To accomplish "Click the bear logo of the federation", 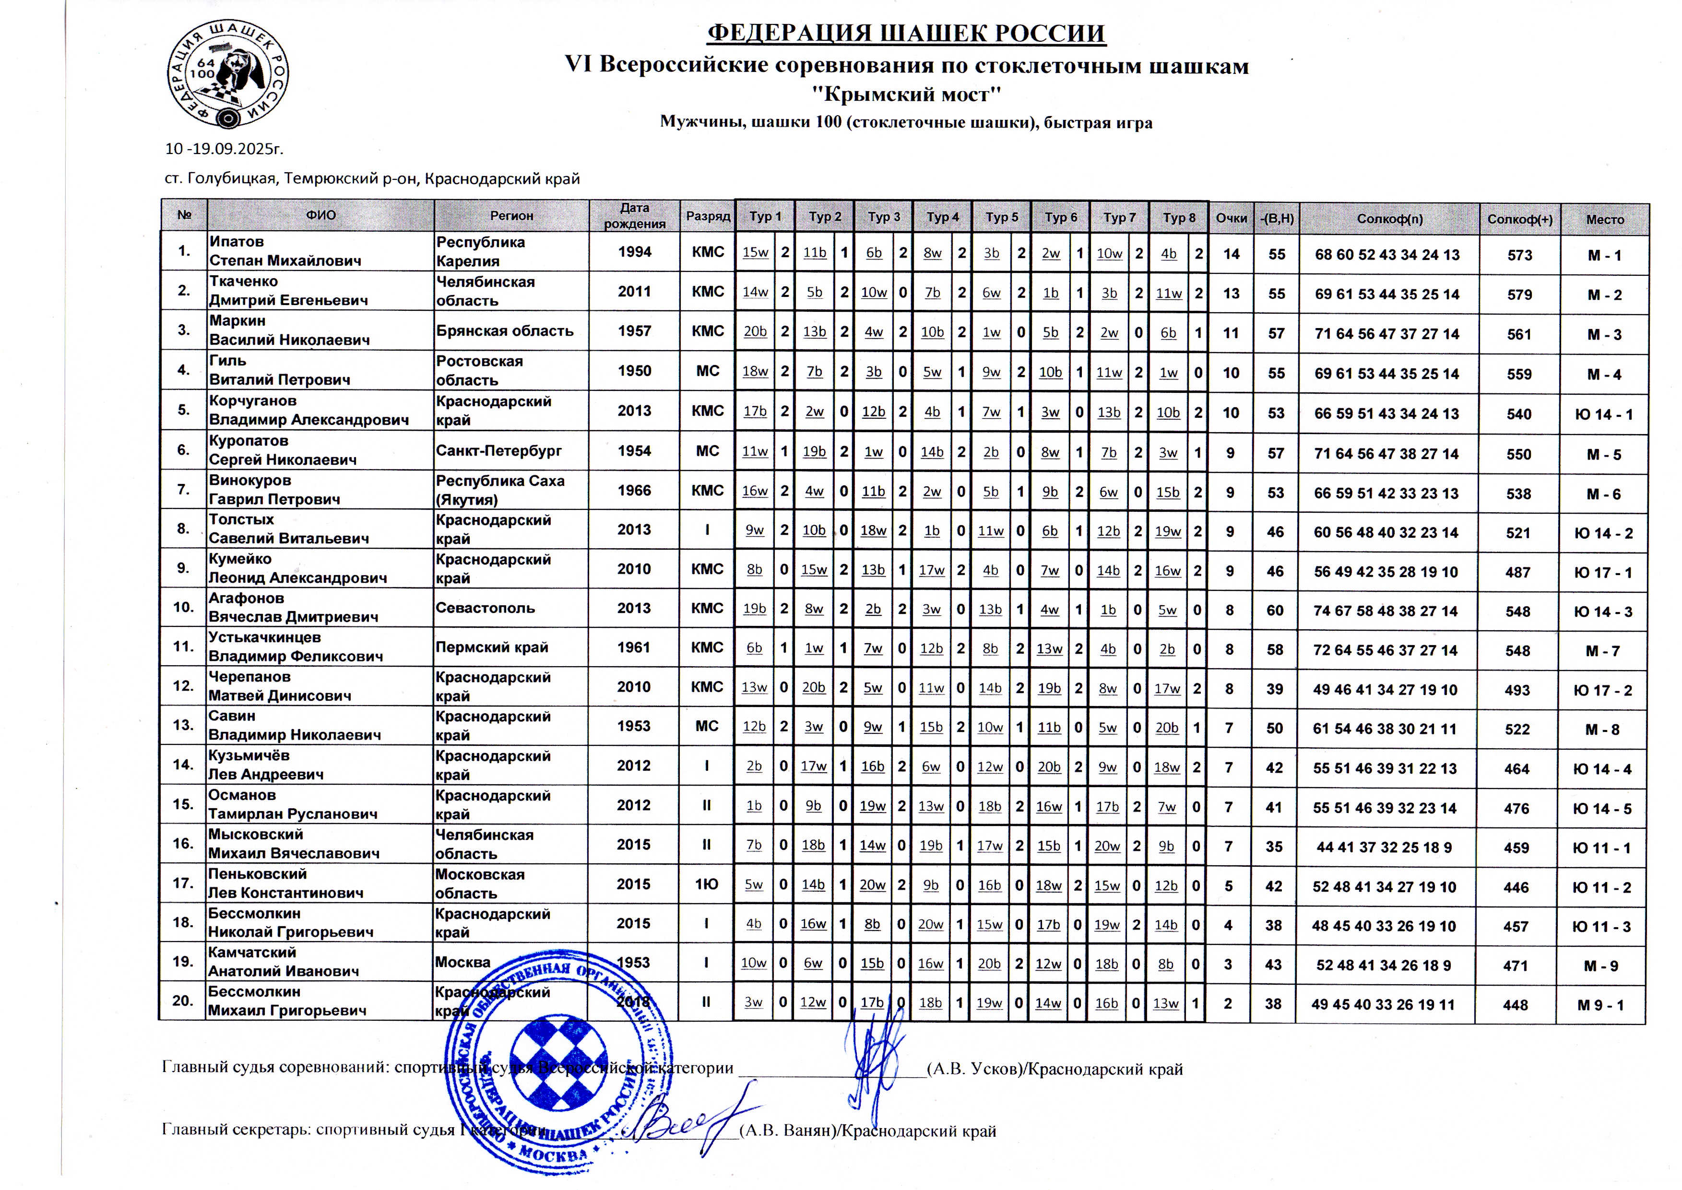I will (227, 74).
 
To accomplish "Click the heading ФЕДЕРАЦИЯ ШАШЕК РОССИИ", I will (906, 34).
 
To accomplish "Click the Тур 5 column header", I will (1001, 217).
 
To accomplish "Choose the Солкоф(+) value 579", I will (1519, 295).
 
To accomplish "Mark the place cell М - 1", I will (1604, 256).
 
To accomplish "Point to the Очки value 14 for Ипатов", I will (1231, 254).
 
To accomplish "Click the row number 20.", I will (182, 1001).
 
